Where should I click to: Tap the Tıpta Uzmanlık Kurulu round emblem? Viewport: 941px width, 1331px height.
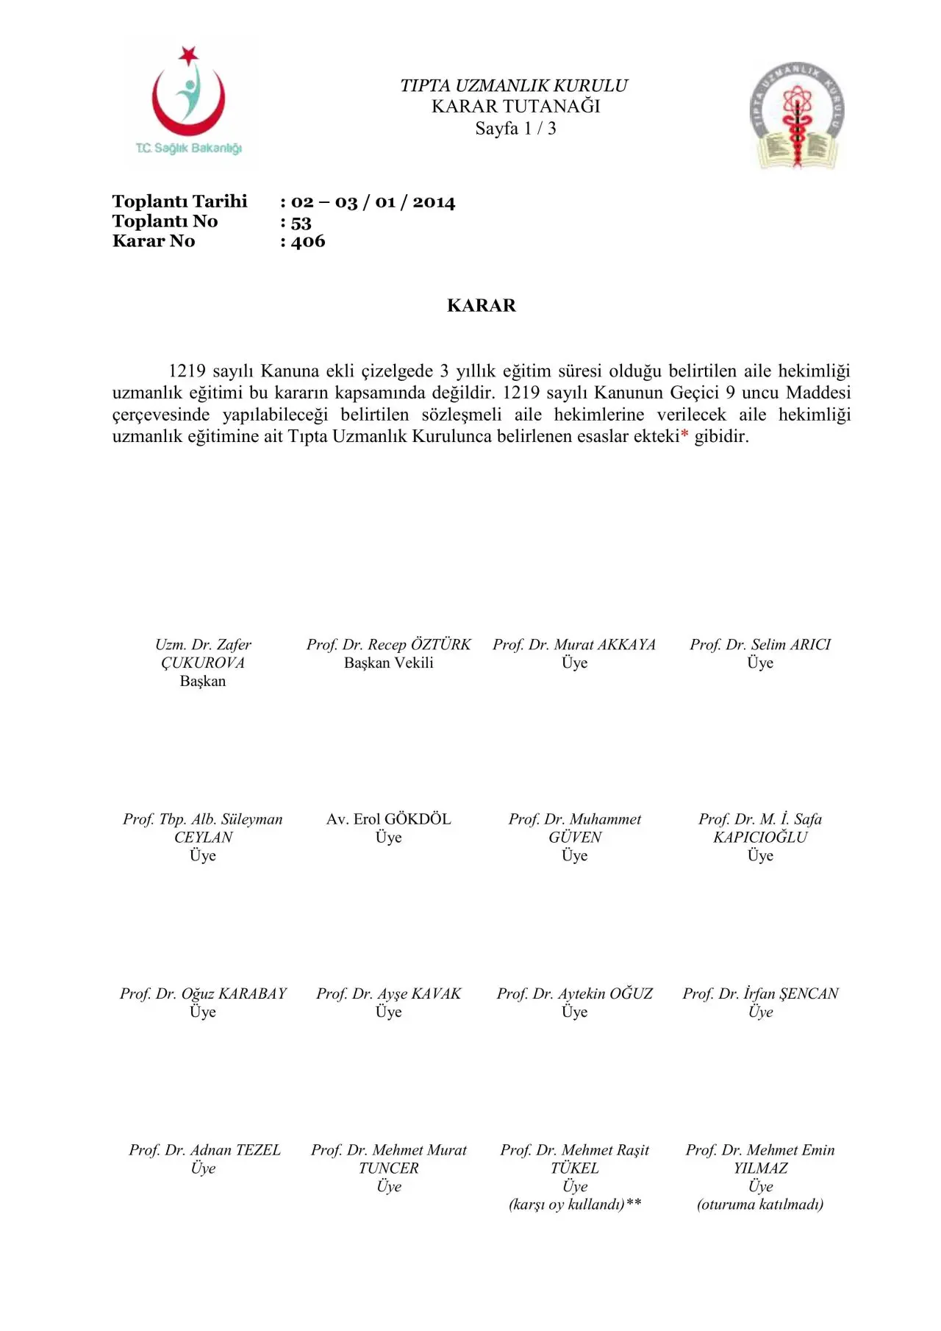click(x=797, y=115)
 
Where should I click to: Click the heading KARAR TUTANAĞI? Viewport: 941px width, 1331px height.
click(x=515, y=107)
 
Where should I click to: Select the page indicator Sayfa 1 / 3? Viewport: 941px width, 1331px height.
click(x=515, y=129)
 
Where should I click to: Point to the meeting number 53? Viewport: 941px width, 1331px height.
click(x=301, y=222)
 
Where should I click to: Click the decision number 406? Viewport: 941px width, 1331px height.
click(x=308, y=242)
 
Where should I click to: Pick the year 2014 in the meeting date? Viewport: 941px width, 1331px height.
click(x=434, y=202)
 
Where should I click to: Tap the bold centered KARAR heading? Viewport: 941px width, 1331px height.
click(x=482, y=306)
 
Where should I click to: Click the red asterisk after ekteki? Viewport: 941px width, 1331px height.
click(x=685, y=437)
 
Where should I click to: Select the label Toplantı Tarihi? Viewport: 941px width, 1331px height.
click(x=179, y=201)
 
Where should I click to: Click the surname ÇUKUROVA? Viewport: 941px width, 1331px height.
click(x=203, y=663)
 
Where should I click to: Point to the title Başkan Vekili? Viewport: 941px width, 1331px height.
click(x=389, y=663)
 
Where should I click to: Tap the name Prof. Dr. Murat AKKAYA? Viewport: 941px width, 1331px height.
click(x=574, y=645)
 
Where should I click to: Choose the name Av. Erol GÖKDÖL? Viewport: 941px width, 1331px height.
click(x=389, y=819)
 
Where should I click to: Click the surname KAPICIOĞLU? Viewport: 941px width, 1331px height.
click(x=760, y=838)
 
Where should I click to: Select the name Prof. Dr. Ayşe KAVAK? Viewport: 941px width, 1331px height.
click(x=389, y=994)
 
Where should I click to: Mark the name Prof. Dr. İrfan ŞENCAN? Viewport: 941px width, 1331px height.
click(x=760, y=994)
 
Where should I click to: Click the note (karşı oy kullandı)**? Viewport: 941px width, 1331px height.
click(x=575, y=1205)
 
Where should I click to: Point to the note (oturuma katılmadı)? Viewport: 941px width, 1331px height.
click(x=760, y=1205)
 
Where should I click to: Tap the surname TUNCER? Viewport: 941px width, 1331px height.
click(x=389, y=1168)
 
